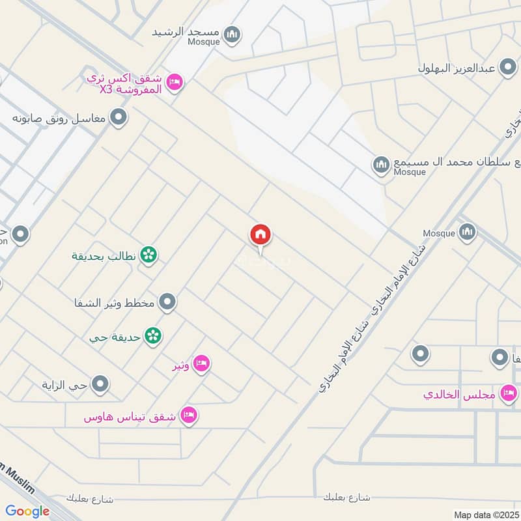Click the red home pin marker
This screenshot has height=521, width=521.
[260, 235]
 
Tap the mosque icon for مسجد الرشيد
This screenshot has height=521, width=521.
[231, 33]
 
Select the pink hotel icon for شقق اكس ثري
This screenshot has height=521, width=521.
[175, 82]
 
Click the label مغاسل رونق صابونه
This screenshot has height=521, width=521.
[60, 119]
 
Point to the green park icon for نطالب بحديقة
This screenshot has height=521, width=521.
[149, 255]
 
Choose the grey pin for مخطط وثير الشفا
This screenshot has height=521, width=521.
[168, 302]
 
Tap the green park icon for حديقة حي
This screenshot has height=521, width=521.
[153, 336]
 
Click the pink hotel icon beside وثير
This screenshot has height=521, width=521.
[201, 363]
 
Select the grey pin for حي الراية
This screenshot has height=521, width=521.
[100, 385]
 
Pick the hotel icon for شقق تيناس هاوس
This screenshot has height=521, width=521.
[188, 414]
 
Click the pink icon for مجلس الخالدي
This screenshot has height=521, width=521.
[508, 393]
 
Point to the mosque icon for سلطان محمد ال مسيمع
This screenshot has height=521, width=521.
[381, 165]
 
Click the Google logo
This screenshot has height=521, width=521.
[27, 511]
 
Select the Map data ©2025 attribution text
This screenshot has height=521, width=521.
[485, 514]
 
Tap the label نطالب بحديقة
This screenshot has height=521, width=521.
[104, 256]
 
